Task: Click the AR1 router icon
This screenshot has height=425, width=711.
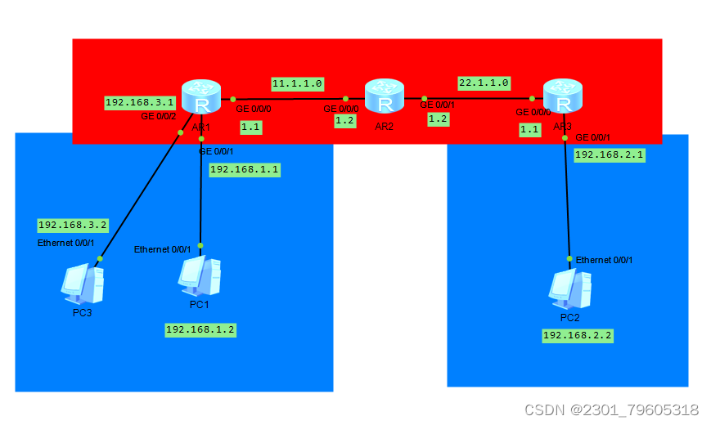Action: (201, 97)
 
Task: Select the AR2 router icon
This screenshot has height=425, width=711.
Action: (384, 96)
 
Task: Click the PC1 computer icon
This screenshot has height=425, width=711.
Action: (199, 275)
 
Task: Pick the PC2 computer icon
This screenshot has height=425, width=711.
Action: (569, 287)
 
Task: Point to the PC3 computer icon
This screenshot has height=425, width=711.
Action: (83, 283)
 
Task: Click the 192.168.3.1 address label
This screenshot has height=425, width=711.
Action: (140, 102)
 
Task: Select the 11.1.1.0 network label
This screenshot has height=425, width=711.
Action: (298, 83)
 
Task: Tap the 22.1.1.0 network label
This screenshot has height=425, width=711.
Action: (484, 83)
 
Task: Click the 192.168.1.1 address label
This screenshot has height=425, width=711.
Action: (245, 169)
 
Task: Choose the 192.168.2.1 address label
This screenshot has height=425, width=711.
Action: (610, 154)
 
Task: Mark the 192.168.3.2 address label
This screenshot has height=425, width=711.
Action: (73, 225)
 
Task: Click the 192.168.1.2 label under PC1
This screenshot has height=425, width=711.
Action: (200, 329)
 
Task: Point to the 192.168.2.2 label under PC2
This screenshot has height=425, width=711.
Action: (578, 335)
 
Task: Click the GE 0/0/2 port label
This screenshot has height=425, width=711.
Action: (160, 118)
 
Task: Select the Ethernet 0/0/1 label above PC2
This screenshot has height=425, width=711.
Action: (604, 260)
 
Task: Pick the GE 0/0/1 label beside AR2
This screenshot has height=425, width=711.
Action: (438, 105)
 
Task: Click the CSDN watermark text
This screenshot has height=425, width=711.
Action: (611, 409)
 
